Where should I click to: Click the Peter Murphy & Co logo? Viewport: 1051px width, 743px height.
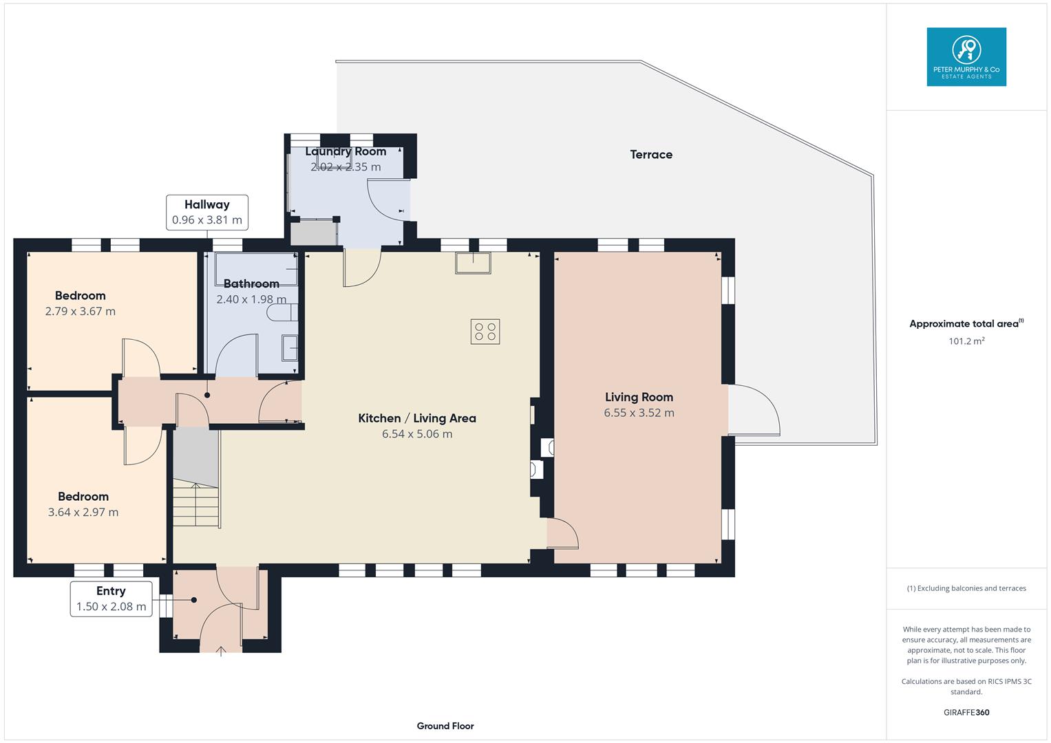[x=966, y=57]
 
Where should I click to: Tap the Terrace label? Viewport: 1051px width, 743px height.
[x=650, y=155]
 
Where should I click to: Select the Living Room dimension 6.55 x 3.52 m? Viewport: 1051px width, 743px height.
[x=639, y=413]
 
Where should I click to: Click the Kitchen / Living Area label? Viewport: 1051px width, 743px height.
[x=416, y=418]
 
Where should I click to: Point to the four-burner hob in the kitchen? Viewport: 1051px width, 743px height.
[x=485, y=332]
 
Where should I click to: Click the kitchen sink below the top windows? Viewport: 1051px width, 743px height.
[x=473, y=263]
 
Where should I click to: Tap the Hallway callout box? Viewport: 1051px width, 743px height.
[x=206, y=212]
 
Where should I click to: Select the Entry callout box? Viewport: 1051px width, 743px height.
[x=111, y=599]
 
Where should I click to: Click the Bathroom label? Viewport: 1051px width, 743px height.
[x=251, y=283]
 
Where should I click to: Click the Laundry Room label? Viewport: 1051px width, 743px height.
[x=346, y=151]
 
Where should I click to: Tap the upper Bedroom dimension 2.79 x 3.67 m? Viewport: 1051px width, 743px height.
[x=80, y=311]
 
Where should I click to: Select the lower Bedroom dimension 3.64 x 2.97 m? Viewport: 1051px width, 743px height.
[x=83, y=512]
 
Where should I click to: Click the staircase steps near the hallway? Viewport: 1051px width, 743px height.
[x=195, y=505]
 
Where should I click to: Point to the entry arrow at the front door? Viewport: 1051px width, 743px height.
[x=221, y=651]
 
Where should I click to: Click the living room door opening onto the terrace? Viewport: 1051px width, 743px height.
[x=754, y=410]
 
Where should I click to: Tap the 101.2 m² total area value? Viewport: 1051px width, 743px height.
[x=966, y=341]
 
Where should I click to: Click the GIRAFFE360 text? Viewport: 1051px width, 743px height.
[x=966, y=712]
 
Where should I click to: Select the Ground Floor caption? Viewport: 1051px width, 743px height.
[x=445, y=726]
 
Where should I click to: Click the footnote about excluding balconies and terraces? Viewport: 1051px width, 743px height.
[x=966, y=588]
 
